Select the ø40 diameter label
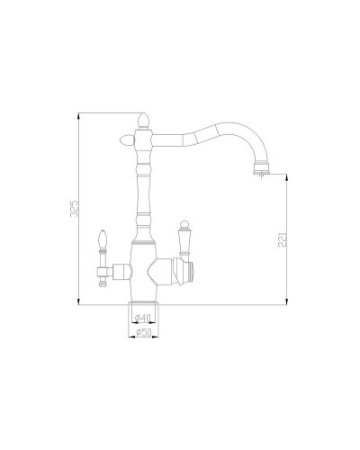(141, 319)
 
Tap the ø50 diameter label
(141, 334)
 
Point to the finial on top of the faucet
(141, 119)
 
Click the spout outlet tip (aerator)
(262, 166)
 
